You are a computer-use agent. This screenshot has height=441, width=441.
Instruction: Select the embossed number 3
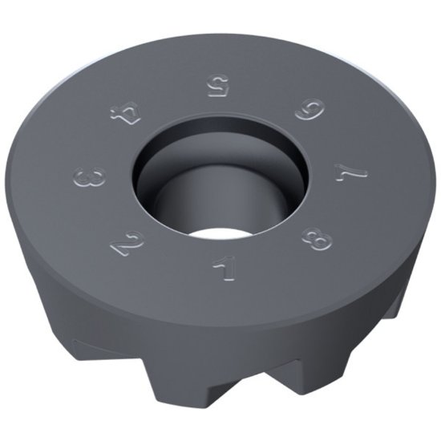(x=94, y=176)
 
